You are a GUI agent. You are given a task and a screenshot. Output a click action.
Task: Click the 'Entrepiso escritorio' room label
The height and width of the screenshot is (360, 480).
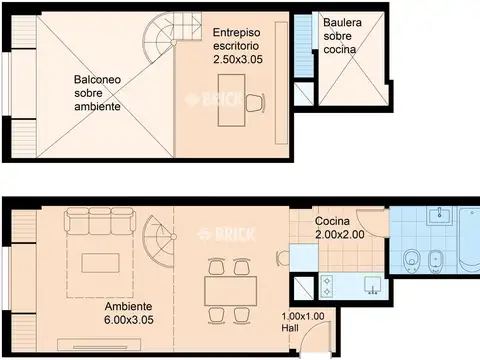tap(236, 39)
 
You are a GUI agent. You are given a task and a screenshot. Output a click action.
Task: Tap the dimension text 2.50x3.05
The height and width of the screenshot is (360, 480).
tap(238, 59)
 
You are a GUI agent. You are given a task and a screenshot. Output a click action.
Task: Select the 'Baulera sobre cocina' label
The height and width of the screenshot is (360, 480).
tap(342, 36)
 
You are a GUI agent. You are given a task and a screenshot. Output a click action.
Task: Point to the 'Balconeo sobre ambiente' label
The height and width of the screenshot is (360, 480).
tap(97, 93)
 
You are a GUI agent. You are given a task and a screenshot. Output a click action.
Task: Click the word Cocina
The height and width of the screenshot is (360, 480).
tap(332, 221)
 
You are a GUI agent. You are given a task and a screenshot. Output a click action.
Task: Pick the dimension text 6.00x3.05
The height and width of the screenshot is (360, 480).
tap(129, 320)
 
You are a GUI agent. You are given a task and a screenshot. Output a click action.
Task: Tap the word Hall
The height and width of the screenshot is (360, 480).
tap(290, 328)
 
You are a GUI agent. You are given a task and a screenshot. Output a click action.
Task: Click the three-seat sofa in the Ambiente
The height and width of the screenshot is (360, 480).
tap(100, 221)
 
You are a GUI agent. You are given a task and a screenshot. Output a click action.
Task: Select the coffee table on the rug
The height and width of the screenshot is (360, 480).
tap(100, 263)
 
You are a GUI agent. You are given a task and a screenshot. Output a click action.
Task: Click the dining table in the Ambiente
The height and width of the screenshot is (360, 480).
tap(231, 291)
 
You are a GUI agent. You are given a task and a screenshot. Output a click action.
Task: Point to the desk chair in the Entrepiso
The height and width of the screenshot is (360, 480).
tap(255, 103)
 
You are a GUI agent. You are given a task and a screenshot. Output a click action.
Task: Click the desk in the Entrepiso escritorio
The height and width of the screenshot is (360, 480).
tap(231, 100)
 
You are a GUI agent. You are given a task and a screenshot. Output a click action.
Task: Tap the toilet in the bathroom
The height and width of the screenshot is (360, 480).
tap(412, 260)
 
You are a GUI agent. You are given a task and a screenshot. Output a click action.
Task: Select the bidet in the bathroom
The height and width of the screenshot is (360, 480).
tap(435, 260)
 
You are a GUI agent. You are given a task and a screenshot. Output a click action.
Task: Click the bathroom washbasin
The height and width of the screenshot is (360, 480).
tap(440, 216)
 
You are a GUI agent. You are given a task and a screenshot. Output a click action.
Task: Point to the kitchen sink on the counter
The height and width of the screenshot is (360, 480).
tap(373, 286)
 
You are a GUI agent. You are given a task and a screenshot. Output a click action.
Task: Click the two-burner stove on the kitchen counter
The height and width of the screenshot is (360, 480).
tap(327, 286)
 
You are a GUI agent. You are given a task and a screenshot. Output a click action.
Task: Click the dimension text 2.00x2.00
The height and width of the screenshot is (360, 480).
tap(340, 234)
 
